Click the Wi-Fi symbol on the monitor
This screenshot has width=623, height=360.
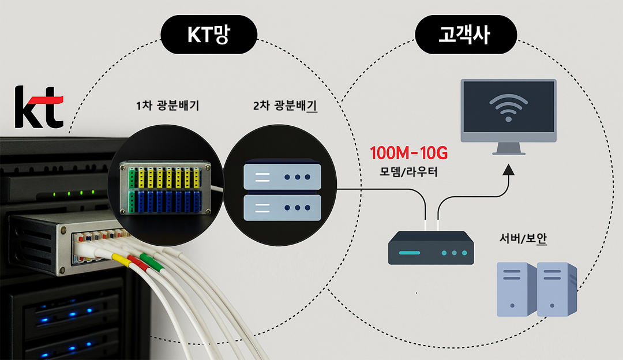[508, 107]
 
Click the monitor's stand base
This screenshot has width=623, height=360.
[508, 153]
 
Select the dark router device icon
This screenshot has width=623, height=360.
[431, 247]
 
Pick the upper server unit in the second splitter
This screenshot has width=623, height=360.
[282, 175]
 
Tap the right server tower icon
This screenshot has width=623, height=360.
[557, 288]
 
